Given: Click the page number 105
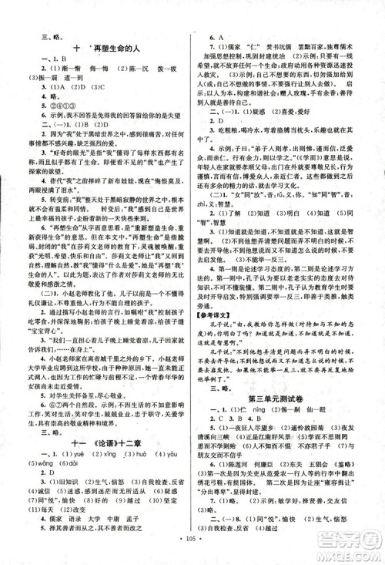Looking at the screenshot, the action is tap(192, 551).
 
